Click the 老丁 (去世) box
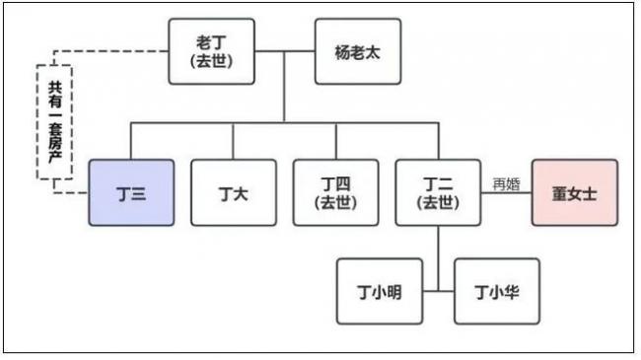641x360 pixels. click(x=211, y=50)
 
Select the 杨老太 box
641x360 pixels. click(x=357, y=50)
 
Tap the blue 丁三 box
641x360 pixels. click(x=131, y=192)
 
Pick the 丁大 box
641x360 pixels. click(x=233, y=192)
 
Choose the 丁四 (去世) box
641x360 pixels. click(x=335, y=192)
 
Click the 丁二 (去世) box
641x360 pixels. click(x=438, y=192)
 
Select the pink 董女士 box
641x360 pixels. click(x=574, y=192)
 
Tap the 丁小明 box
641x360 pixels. click(x=379, y=291)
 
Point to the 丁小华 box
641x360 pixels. click(x=496, y=291)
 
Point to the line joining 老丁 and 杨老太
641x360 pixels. click(x=284, y=50)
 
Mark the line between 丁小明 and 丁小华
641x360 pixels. click(x=438, y=291)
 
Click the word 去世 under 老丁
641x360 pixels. click(x=211, y=60)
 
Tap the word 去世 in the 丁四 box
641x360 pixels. click(x=335, y=202)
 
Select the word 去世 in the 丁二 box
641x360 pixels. click(x=438, y=202)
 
